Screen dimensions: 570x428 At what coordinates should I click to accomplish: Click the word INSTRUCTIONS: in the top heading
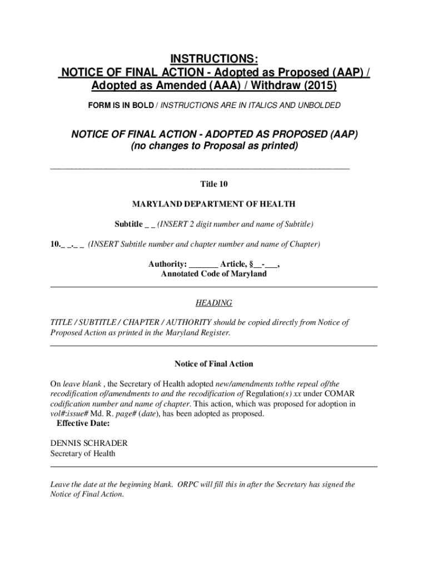pyautogui.click(x=214, y=60)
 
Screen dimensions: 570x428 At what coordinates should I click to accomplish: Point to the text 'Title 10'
pyautogui.click(x=214, y=184)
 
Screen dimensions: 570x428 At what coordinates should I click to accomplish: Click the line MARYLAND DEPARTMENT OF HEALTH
pyautogui.click(x=214, y=204)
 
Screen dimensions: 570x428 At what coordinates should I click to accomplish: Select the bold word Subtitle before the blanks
pyautogui.click(x=128, y=224)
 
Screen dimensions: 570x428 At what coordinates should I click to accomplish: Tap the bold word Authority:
pyautogui.click(x=167, y=264)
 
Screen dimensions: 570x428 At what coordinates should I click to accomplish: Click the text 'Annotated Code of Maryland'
pyautogui.click(x=214, y=274)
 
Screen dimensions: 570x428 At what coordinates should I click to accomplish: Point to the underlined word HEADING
pyautogui.click(x=214, y=303)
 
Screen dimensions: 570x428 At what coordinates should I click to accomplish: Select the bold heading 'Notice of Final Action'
pyautogui.click(x=214, y=364)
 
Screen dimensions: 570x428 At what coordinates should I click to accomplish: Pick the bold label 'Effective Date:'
pyautogui.click(x=83, y=424)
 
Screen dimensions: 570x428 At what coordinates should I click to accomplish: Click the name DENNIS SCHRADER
pyautogui.click(x=89, y=444)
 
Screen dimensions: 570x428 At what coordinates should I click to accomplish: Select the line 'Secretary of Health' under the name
pyautogui.click(x=83, y=454)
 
